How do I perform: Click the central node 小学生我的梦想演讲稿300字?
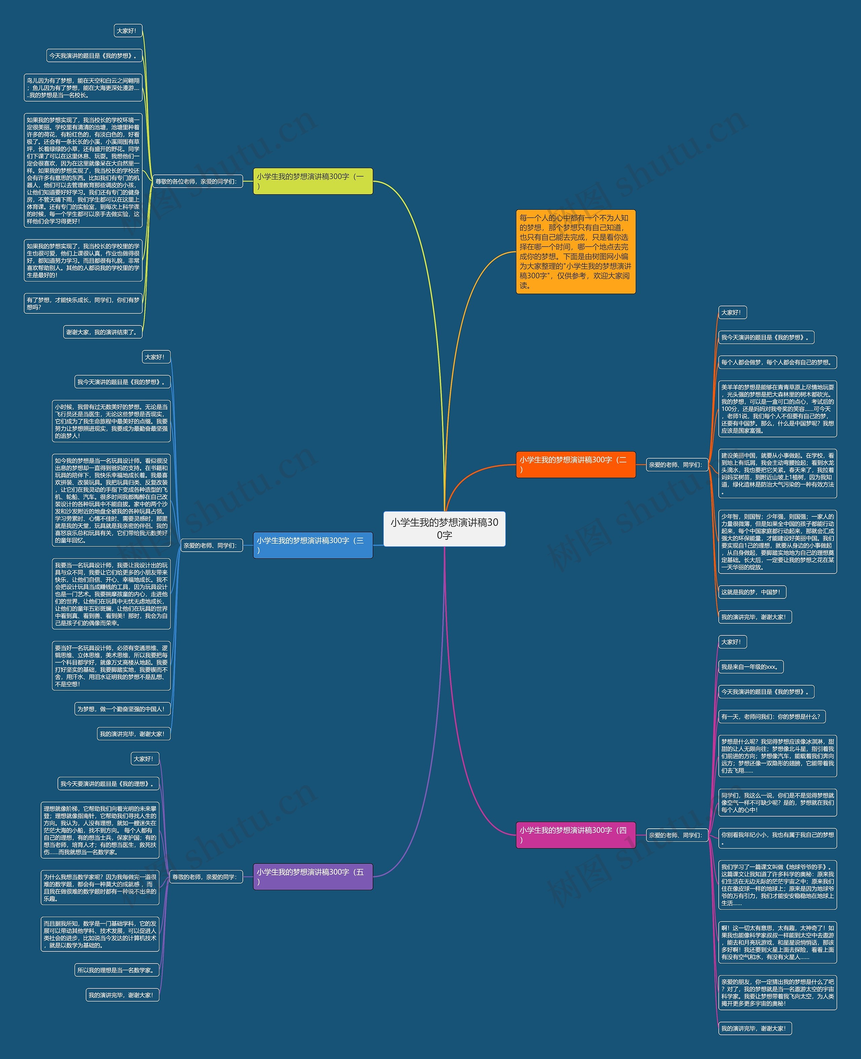(x=444, y=528)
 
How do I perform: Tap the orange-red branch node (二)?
(x=575, y=465)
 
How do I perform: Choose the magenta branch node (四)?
(x=575, y=835)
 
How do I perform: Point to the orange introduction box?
(x=575, y=251)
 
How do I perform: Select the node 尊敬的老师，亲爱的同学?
(x=205, y=877)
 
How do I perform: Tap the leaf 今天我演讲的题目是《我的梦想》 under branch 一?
(x=94, y=55)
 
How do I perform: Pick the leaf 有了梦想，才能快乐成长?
(x=83, y=304)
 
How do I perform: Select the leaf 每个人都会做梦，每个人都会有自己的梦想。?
(x=777, y=362)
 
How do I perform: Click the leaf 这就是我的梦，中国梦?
(x=752, y=592)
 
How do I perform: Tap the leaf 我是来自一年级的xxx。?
(x=750, y=667)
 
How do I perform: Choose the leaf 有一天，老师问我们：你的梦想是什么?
(x=772, y=716)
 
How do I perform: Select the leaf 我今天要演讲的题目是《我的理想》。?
(x=108, y=784)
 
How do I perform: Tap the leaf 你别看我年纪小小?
(x=777, y=838)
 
